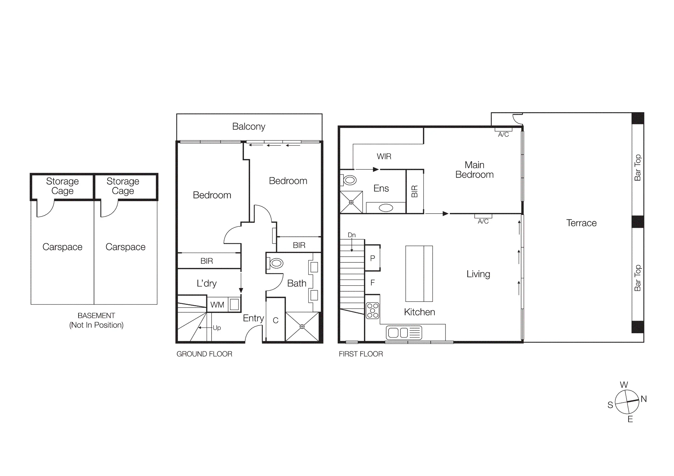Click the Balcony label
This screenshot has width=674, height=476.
click(x=249, y=127)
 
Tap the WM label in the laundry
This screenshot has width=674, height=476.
click(x=217, y=305)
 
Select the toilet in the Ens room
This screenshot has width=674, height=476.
click(x=349, y=180)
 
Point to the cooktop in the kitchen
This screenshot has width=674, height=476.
click(x=372, y=311)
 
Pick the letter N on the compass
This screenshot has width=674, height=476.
click(x=644, y=399)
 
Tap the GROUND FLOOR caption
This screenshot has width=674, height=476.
click(x=204, y=354)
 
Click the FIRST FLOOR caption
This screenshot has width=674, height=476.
click(x=361, y=354)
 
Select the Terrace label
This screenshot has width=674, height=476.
click(x=581, y=223)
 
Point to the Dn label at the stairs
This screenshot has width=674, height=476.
click(x=351, y=235)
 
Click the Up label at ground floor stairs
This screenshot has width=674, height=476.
click(x=217, y=328)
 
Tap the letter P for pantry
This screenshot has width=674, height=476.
click(x=372, y=258)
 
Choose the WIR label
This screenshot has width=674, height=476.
click(x=384, y=156)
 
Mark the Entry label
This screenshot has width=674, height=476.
click(x=253, y=318)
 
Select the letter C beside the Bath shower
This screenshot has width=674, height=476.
click(x=276, y=320)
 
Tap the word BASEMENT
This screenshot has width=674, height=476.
click(x=96, y=316)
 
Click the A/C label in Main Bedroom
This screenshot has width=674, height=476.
click(x=503, y=135)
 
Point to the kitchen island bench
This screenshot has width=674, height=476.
click(x=419, y=274)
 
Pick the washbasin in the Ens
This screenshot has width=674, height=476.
click(x=386, y=208)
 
